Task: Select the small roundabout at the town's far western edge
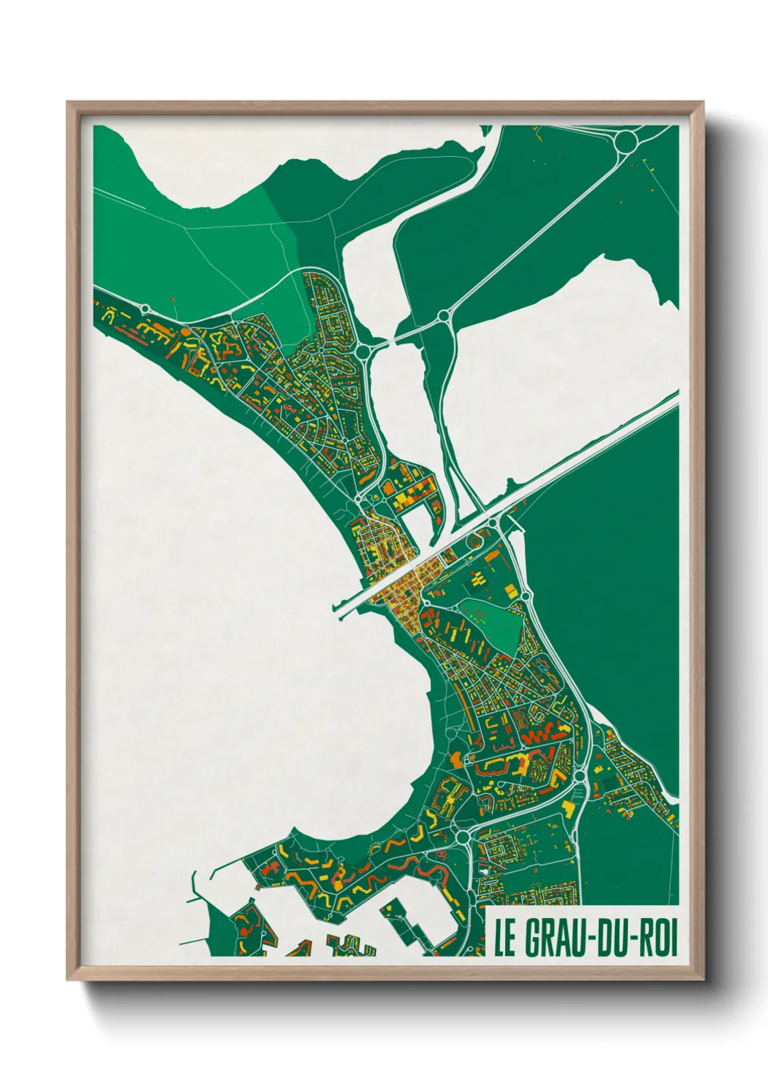145,309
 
